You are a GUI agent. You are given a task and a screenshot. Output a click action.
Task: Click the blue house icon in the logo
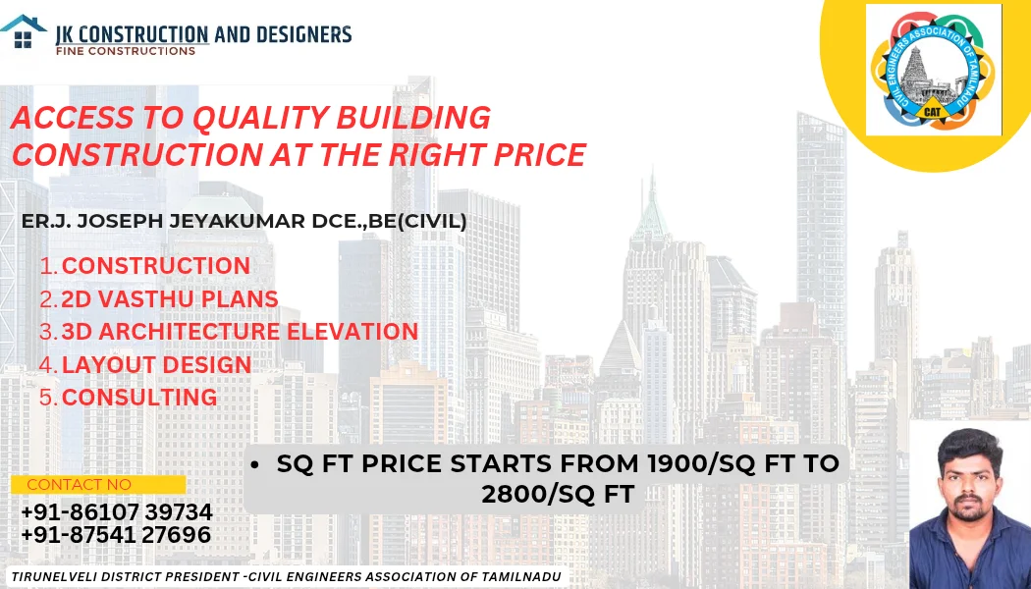[x=23, y=31]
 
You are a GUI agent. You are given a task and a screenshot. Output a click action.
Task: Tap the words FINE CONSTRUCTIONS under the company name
[x=126, y=51]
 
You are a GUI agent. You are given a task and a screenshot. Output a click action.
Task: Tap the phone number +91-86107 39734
[x=117, y=512]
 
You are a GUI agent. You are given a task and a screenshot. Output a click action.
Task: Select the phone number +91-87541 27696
[x=116, y=534]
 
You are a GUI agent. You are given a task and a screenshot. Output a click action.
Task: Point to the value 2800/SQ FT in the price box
[x=559, y=494]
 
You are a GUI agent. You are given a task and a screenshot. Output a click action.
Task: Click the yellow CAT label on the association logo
[x=933, y=111]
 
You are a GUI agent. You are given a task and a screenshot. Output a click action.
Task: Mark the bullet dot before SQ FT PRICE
[x=254, y=464]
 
